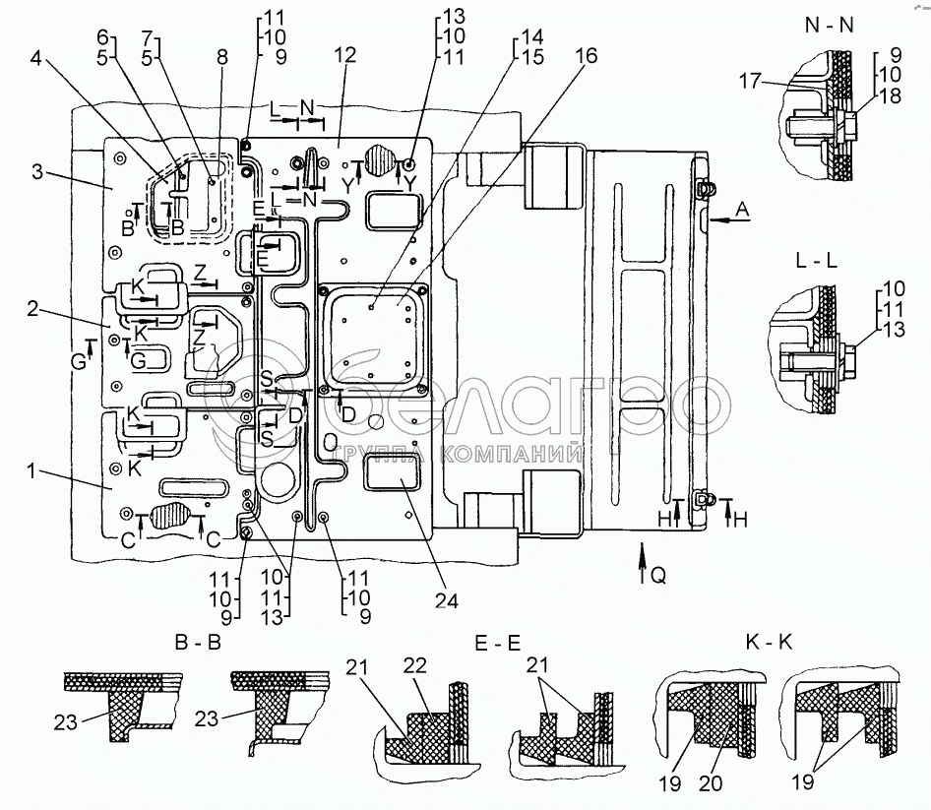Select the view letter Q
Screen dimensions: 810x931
657,578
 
